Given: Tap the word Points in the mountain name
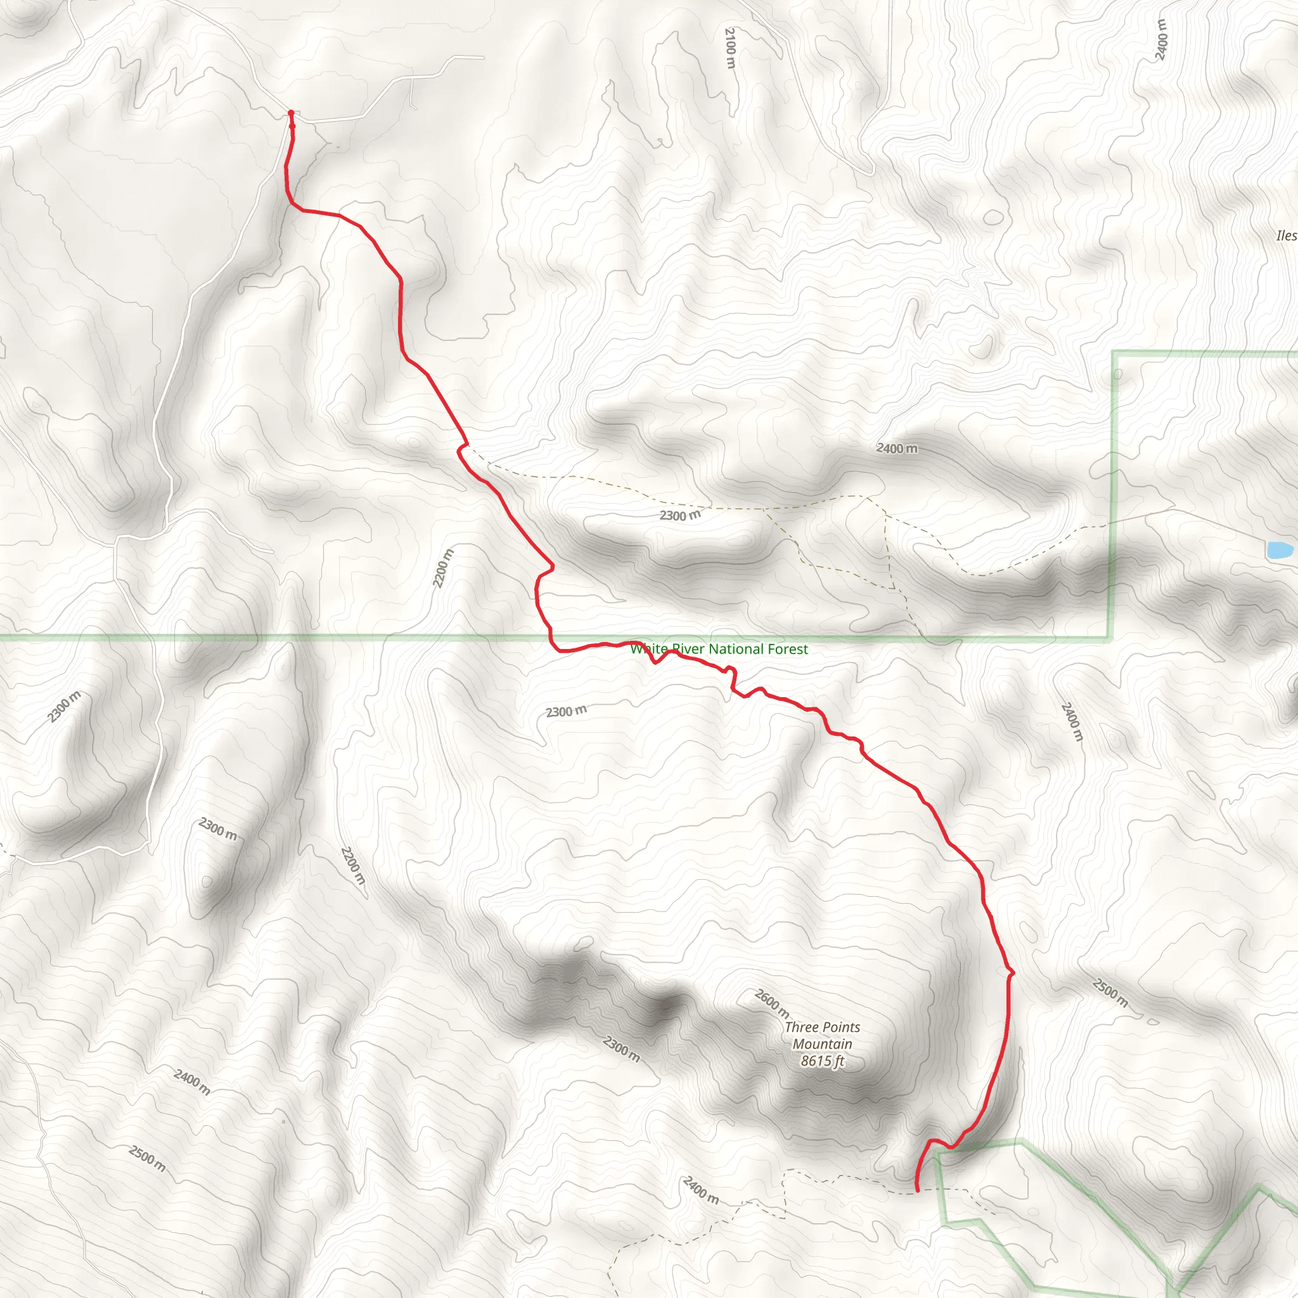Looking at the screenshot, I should (842, 1027).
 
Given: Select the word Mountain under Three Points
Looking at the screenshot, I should (822, 1044).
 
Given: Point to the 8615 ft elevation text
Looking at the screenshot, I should (822, 1061).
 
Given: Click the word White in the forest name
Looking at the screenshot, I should (649, 649).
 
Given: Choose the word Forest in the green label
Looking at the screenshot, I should (788, 649).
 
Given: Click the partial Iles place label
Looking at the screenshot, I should (1286, 235).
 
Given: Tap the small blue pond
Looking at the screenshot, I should (1279, 549).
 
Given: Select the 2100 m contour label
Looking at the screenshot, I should (731, 47).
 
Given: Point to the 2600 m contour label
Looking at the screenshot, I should (772, 1003).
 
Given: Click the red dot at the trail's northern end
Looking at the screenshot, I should (291, 113).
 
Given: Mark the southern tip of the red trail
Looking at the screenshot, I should (918, 1190).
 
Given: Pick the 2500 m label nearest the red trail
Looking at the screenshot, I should (1110, 993).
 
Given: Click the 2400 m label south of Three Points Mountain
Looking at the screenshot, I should (701, 1190).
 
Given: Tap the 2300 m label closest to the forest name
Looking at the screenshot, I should (566, 712).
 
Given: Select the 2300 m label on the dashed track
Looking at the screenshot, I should (679, 515).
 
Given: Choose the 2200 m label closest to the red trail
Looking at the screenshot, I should (443, 569).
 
